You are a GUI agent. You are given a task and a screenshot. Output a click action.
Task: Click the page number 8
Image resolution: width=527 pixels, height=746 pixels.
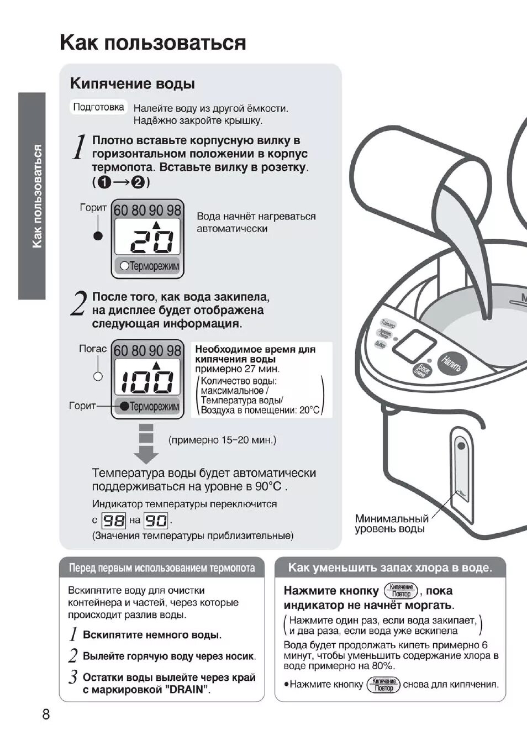46,714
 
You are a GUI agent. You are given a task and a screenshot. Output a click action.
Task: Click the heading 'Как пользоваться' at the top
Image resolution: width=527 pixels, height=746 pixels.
153,43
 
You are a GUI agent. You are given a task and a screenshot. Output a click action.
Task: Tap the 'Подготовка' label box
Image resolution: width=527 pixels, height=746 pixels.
99,107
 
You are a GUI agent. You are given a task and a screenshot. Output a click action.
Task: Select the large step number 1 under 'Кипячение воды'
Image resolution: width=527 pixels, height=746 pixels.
80,148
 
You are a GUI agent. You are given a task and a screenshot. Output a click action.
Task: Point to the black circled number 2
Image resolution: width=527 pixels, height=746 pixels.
138,182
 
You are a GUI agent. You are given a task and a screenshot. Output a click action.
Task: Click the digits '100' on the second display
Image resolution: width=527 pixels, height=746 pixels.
147,380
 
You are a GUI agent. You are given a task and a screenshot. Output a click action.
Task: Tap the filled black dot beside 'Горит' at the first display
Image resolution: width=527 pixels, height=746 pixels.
98,236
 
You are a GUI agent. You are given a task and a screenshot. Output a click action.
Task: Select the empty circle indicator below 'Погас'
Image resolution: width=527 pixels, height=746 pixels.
98,376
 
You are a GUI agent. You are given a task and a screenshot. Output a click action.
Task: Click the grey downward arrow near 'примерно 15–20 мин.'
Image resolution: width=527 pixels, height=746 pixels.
146,444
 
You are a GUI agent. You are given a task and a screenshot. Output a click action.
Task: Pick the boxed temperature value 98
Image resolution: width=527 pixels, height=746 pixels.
114,520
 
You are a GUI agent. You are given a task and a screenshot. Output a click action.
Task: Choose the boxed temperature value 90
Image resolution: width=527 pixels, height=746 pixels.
156,520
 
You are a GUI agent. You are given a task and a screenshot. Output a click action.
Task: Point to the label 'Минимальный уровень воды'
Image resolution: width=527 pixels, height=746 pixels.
391,523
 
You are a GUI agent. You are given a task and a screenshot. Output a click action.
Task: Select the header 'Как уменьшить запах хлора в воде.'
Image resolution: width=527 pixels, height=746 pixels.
389,568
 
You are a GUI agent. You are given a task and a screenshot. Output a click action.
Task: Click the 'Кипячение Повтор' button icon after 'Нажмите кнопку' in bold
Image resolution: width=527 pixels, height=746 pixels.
401,591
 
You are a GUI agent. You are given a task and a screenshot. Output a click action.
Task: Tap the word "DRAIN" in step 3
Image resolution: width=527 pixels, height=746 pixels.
188,690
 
